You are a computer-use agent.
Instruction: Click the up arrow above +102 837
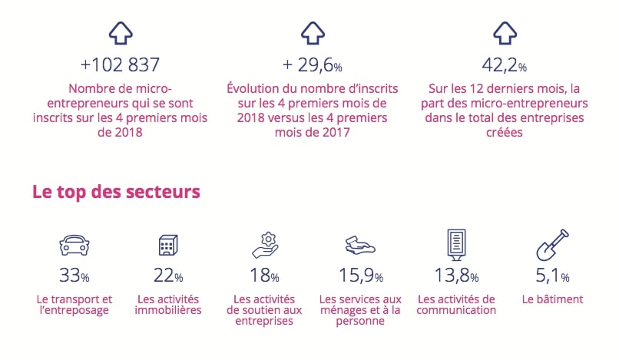click(x=121, y=33)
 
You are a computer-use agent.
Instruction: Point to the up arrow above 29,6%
click(x=310, y=33)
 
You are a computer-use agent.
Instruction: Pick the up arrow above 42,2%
click(x=503, y=33)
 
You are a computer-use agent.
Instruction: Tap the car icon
click(x=74, y=246)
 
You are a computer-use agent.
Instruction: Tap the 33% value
click(x=74, y=276)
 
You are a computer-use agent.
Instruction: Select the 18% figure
click(x=264, y=276)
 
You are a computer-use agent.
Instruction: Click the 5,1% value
click(x=552, y=276)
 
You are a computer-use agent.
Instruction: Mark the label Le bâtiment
click(x=552, y=299)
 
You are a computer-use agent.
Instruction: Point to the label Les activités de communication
click(x=456, y=305)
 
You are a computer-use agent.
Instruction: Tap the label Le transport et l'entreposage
click(x=74, y=305)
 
